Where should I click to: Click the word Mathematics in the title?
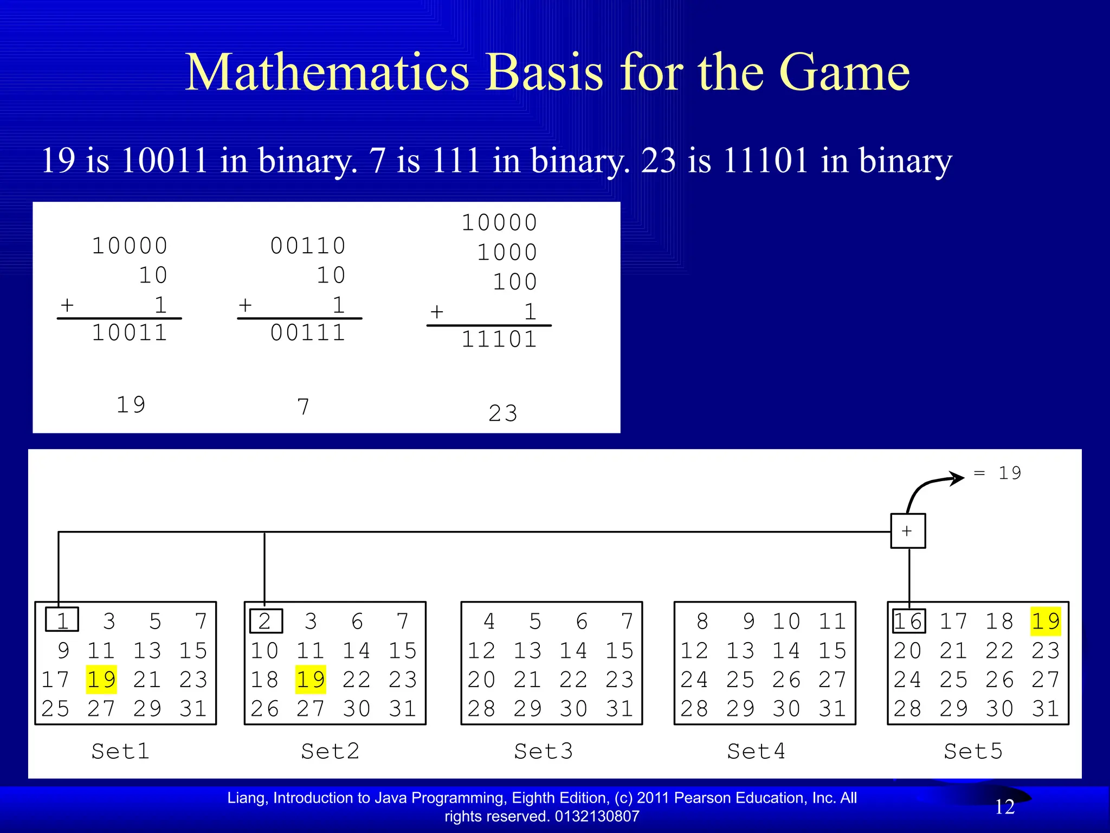click(x=327, y=73)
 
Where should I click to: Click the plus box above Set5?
click(x=908, y=531)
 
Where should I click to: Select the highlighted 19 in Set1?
click(x=101, y=680)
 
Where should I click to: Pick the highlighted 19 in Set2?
click(x=311, y=680)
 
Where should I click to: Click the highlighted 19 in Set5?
click(x=1046, y=621)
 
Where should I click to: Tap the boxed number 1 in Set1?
click(x=62, y=620)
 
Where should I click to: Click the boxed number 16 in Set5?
click(x=909, y=621)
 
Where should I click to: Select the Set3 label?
click(x=543, y=751)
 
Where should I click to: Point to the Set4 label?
click(x=756, y=751)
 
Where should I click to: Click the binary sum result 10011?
click(x=130, y=332)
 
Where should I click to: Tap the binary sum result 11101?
click(x=499, y=339)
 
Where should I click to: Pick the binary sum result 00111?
click(x=308, y=332)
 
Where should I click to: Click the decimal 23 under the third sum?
click(x=503, y=413)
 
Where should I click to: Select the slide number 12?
click(x=1004, y=807)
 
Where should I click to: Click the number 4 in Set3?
click(x=489, y=621)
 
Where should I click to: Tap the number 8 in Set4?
click(x=702, y=621)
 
